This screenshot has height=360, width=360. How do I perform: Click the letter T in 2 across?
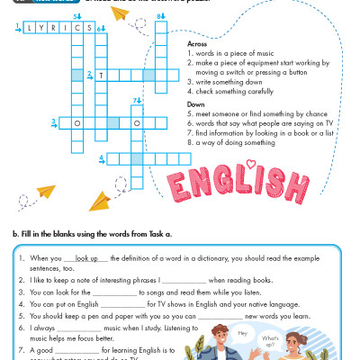(102, 76)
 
